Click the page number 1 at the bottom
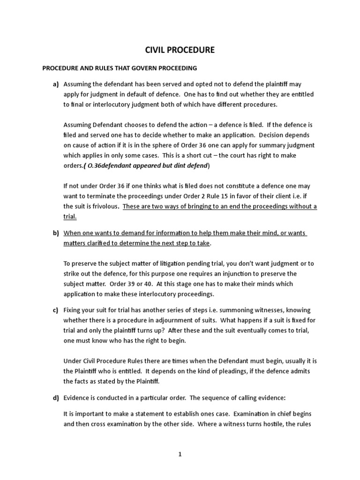[180, 454]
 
